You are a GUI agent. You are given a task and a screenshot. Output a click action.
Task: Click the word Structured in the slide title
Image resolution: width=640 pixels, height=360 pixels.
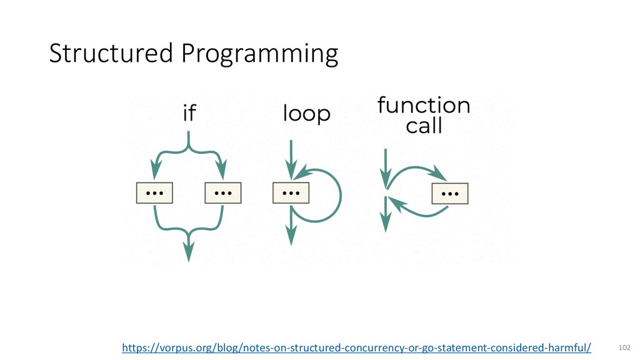pyautogui.click(x=112, y=54)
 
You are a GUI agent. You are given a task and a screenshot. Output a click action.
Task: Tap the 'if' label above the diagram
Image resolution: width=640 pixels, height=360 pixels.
pyautogui.click(x=189, y=114)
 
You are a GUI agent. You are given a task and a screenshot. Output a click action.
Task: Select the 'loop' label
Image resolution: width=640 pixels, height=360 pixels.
pyautogui.click(x=306, y=114)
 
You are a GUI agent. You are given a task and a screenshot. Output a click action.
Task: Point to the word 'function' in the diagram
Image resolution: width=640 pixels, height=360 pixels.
pyautogui.click(x=424, y=105)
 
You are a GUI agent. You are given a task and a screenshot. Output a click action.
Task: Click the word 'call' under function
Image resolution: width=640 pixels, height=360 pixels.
pyautogui.click(x=424, y=126)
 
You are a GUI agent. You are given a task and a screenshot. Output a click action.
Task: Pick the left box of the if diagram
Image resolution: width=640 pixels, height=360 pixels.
pyautogui.click(x=154, y=193)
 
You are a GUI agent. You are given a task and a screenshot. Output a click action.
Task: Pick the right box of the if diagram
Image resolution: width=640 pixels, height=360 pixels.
pyautogui.click(x=223, y=193)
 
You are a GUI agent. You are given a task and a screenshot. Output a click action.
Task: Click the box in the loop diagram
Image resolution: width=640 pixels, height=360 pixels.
pyautogui.click(x=291, y=192)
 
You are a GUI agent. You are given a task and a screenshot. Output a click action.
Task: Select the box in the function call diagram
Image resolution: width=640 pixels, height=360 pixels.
pyautogui.click(x=450, y=194)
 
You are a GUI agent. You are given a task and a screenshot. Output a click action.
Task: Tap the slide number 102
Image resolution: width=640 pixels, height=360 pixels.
pyautogui.click(x=623, y=347)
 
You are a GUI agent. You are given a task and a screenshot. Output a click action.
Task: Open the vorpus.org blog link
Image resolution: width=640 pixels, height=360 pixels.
pyautogui.click(x=356, y=347)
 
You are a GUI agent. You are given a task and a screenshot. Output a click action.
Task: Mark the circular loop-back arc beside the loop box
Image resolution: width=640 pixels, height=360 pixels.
pyautogui.click(x=337, y=194)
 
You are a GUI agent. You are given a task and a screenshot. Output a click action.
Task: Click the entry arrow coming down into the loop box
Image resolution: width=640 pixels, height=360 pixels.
pyautogui.click(x=291, y=159)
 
